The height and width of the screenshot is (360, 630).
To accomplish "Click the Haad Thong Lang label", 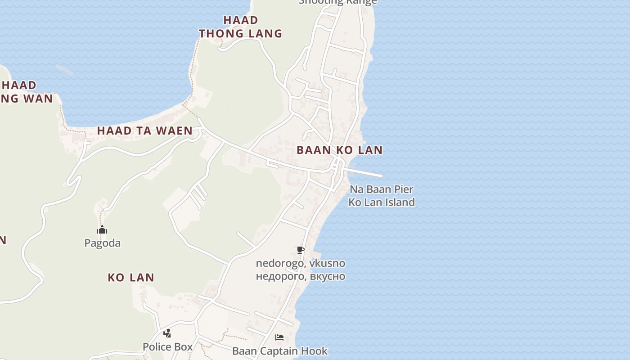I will click(241, 27).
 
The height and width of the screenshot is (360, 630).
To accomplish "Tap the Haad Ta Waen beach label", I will click(145, 131).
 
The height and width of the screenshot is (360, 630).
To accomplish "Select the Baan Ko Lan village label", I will click(340, 150).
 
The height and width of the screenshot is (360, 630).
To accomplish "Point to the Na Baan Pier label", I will click(382, 189).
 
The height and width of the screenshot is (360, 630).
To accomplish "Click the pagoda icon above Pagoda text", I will click(102, 230).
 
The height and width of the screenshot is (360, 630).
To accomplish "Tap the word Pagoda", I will click(103, 243).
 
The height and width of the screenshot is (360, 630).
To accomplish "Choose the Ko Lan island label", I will click(131, 278).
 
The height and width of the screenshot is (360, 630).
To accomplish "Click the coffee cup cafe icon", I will click(301, 250).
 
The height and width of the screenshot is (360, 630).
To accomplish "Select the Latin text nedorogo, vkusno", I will click(301, 263).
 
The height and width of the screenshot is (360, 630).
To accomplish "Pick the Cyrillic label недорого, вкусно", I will click(301, 276).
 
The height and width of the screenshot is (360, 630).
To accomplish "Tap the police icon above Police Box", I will click(167, 333).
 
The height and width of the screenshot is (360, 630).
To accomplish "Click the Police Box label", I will click(167, 347).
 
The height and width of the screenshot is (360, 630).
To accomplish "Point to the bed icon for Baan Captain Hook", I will click(279, 337).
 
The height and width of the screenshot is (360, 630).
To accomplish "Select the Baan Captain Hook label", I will click(280, 351).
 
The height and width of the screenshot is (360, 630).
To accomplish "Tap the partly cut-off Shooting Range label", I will click(337, 2).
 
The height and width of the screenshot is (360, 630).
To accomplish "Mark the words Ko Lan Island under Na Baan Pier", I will click(382, 202).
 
